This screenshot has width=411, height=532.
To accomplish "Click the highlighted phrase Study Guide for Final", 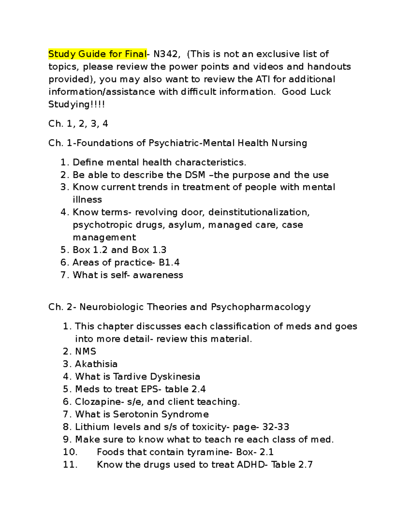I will [x=97, y=54].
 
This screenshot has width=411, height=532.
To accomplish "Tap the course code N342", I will [x=166, y=54].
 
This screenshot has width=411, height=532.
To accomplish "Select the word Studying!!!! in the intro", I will [x=76, y=104].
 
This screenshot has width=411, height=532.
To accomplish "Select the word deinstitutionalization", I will [x=259, y=212].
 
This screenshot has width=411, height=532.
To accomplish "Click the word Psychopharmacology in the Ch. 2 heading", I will [x=261, y=307].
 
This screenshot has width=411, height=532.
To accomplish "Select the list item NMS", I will [x=86, y=351].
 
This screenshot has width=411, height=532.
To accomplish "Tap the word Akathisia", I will [x=96, y=364].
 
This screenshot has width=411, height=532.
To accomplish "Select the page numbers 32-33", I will [x=276, y=427].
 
